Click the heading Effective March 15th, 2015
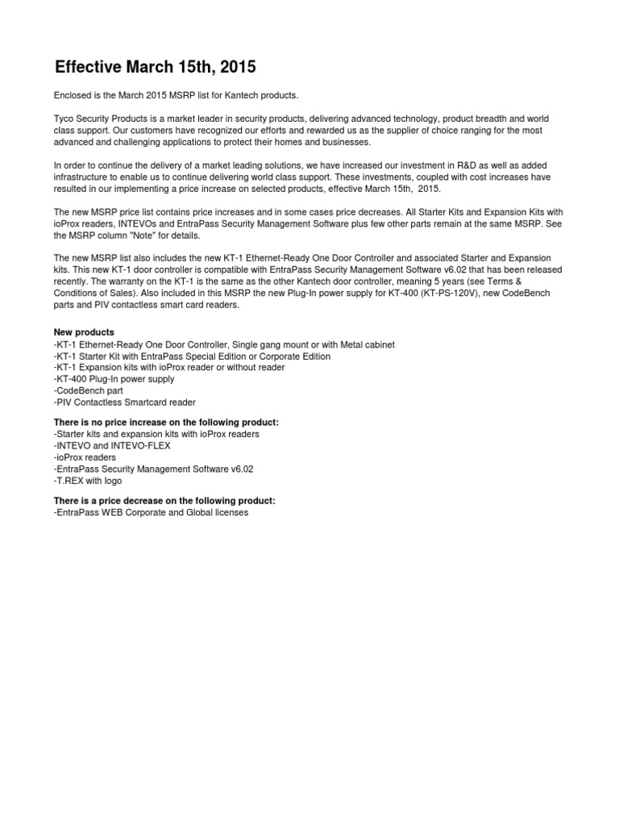coord(155,66)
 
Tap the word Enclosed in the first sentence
coord(73,95)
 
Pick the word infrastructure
coord(81,177)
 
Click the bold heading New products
coord(84,332)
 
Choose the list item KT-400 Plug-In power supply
coord(114,379)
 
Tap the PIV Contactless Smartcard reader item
coord(125,402)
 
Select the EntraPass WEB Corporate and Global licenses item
coord(152,512)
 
